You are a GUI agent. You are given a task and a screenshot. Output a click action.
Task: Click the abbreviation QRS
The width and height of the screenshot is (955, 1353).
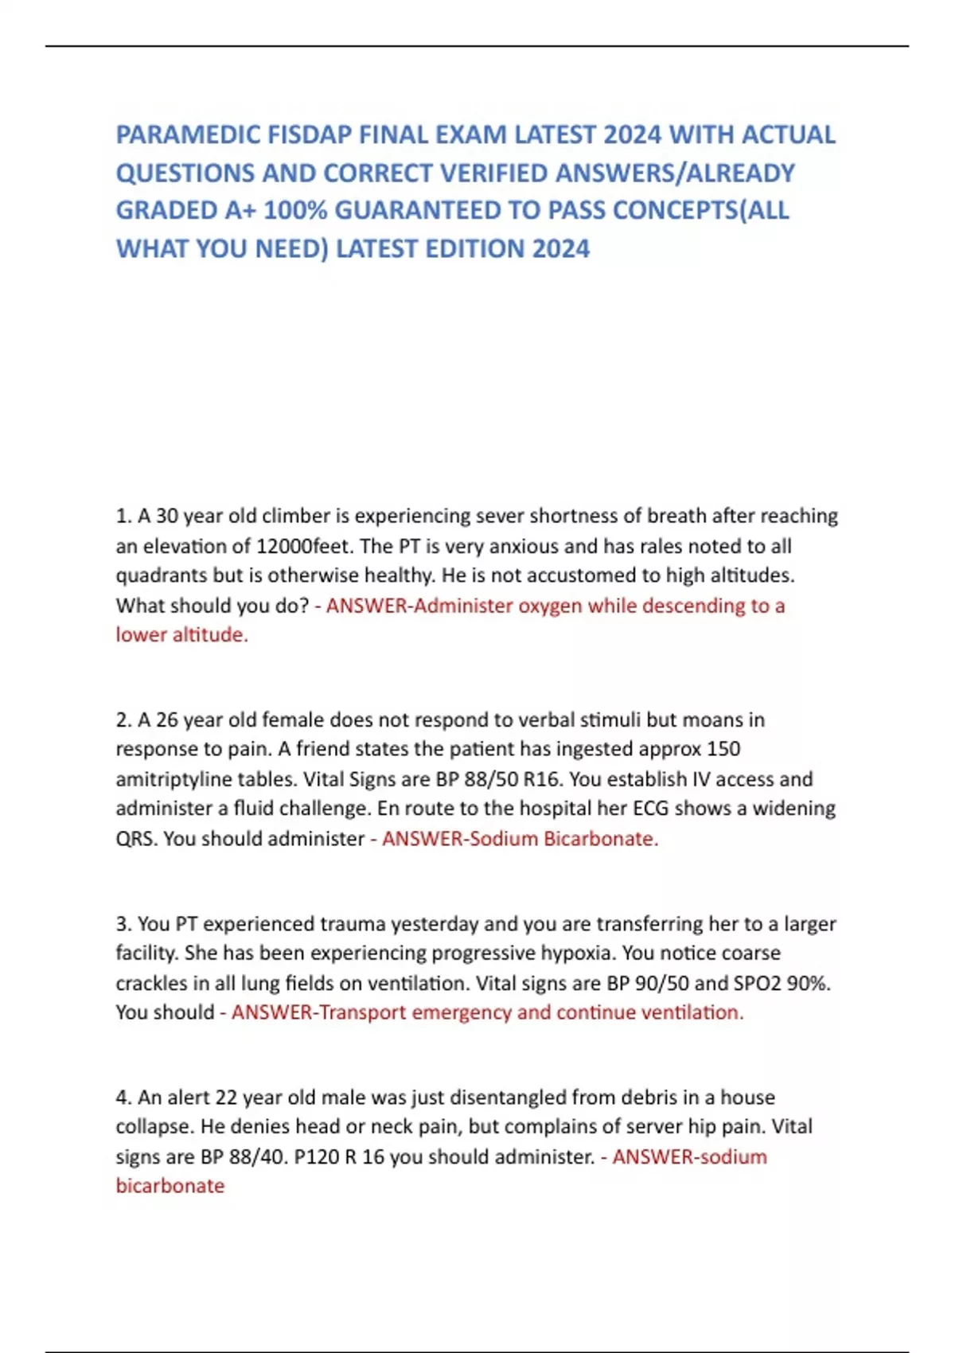point(136,838)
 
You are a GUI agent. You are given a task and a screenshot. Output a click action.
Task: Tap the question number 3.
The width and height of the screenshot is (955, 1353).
point(123,923)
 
